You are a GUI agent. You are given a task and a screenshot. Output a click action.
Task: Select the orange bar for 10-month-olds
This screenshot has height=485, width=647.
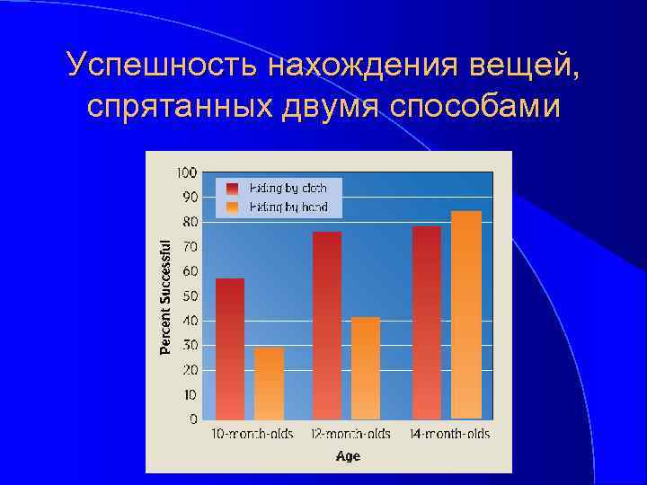[269, 384]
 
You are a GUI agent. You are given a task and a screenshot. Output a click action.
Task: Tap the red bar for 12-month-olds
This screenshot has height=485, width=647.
[327, 325]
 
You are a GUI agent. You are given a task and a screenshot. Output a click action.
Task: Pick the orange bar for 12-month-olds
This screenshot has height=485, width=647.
[366, 368]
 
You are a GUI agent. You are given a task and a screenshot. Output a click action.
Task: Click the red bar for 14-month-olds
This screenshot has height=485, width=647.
[426, 322]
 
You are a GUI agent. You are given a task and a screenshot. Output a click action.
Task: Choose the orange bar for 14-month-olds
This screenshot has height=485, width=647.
[466, 314]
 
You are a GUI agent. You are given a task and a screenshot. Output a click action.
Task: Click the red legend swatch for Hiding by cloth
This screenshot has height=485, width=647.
[233, 189]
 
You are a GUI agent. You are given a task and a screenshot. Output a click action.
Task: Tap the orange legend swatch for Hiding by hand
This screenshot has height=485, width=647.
[233, 207]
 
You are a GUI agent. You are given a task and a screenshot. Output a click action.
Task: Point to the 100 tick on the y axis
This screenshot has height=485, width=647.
[187, 172]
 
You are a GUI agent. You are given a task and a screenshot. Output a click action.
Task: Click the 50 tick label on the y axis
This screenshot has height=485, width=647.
[191, 295]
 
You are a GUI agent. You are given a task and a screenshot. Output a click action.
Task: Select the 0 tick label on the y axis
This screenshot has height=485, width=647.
[193, 419]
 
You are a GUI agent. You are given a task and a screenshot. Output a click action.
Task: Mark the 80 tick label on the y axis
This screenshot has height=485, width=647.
[191, 222]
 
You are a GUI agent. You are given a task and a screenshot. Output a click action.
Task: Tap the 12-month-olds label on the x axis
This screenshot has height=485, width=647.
[350, 435]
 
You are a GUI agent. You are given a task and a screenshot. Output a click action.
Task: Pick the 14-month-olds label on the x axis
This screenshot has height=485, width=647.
[449, 435]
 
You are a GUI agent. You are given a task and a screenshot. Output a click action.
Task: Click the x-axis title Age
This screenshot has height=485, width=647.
[348, 456]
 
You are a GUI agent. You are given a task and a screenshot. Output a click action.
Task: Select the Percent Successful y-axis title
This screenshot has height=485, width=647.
[165, 295]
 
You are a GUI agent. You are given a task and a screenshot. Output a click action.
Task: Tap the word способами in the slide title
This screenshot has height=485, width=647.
[475, 105]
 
